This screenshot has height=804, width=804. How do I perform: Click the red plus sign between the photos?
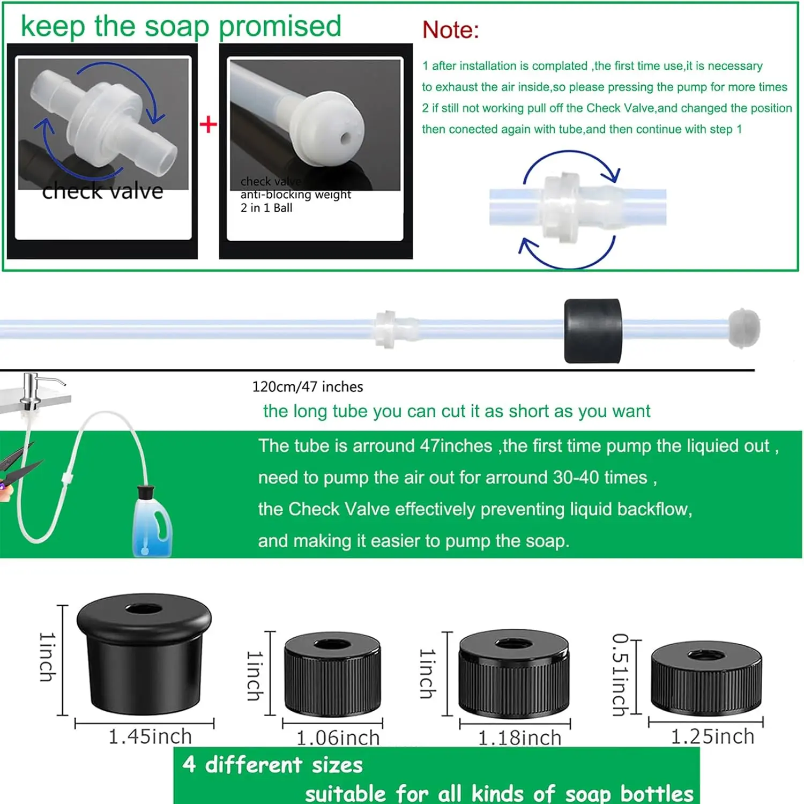coord(208,124)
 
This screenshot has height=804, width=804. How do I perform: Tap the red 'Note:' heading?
coord(450,30)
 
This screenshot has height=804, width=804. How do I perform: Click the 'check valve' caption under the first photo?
coord(102,191)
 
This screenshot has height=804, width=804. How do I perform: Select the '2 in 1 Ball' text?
coord(266,208)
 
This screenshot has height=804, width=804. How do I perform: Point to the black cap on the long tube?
coord(593,331)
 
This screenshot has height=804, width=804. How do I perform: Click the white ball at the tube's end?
coord(744,327)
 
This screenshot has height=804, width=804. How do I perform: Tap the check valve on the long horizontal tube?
coord(396,329)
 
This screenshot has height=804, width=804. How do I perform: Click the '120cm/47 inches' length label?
coord(308,386)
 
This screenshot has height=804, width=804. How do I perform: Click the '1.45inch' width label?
coord(150,736)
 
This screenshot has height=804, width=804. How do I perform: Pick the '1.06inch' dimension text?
coord(338,738)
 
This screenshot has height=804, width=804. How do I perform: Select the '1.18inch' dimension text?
coord(519,738)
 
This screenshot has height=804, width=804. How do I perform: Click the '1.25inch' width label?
coord(712,736)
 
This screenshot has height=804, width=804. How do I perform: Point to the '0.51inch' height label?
coord(620,675)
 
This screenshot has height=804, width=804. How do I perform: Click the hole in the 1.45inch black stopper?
coord(143,609)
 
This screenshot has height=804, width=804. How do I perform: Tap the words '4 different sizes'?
coord(272,765)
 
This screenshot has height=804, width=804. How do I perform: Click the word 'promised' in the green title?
coord(280,27)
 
